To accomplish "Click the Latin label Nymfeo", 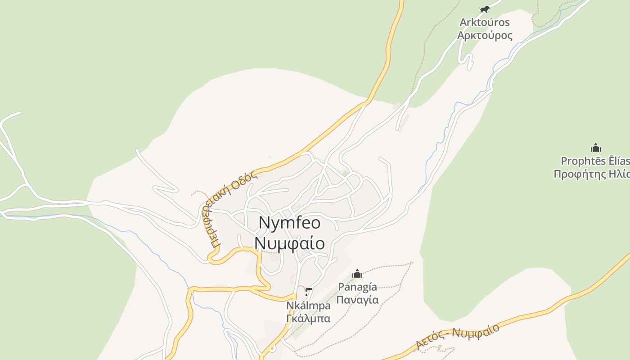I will click(289, 223).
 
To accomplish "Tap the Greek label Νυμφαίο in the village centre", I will click(289, 243).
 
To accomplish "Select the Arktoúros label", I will click(485, 22).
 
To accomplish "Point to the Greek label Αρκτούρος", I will click(485, 35).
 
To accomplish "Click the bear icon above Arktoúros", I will click(484, 9).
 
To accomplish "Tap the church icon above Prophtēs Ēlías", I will click(596, 148).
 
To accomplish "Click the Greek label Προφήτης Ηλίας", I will click(592, 174).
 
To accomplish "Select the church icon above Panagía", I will click(357, 273).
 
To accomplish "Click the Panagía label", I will click(357, 287).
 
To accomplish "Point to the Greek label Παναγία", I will click(357, 300).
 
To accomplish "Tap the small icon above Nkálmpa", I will click(308, 292).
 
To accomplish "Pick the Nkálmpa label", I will click(308, 306).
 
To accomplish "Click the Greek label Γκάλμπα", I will click(308, 319).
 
